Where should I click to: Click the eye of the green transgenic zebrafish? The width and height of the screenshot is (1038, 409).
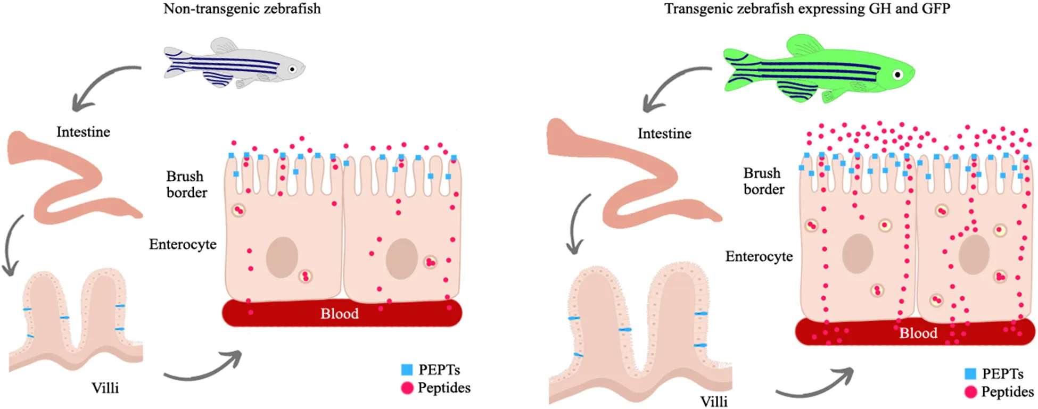point(898,74)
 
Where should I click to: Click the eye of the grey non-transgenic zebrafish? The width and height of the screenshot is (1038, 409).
point(292,69)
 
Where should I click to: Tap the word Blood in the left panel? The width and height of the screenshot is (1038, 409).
point(340,314)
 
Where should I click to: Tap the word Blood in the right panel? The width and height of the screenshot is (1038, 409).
point(918,333)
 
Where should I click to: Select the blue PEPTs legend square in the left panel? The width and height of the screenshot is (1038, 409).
point(407,370)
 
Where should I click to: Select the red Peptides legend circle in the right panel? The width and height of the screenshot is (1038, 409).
point(971,392)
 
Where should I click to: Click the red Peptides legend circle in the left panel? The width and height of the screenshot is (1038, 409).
point(407,388)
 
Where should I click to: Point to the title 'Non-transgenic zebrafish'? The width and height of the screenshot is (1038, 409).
point(242,9)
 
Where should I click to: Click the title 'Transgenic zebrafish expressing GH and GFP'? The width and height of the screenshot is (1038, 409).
point(807,9)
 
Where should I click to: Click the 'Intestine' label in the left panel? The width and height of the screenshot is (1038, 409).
point(84,132)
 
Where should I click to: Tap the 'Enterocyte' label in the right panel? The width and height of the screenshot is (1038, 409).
point(759,256)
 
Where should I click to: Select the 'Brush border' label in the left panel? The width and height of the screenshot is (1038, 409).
point(186,184)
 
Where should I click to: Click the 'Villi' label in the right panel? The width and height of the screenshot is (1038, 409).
point(714,402)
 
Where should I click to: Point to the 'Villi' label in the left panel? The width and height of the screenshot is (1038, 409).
point(105,388)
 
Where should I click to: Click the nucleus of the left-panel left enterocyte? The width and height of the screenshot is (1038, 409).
point(282,257)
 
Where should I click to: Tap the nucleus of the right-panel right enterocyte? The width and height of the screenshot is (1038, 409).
point(974,255)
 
